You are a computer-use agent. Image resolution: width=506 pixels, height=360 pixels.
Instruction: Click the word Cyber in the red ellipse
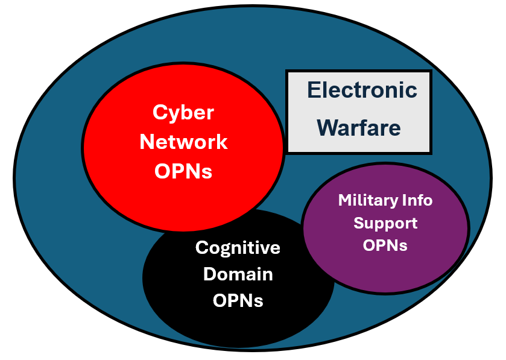(183, 112)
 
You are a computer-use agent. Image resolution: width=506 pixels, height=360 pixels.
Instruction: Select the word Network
(183, 142)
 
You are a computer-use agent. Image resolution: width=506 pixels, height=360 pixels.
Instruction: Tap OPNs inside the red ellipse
(183, 171)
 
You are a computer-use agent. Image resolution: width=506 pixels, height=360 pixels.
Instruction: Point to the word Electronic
(361, 90)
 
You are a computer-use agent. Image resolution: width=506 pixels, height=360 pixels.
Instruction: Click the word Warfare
(359, 127)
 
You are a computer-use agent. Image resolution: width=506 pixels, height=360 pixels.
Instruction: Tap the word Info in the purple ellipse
(417, 200)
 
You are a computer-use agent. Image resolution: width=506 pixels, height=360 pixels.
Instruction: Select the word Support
(385, 223)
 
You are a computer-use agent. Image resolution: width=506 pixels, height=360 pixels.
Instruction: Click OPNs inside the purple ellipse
(385, 245)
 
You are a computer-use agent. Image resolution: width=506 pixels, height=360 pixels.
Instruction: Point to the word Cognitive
(238, 248)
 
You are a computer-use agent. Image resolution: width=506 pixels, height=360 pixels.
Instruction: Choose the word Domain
(238, 274)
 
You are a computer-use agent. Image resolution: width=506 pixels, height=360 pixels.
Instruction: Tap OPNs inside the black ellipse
(238, 300)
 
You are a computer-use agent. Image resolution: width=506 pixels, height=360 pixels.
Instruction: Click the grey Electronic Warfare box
(359, 145)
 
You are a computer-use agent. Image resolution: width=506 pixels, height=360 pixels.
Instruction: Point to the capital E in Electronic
(313, 90)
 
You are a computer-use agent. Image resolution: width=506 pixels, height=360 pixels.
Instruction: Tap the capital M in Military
(344, 200)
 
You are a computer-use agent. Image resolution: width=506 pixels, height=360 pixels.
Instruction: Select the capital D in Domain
(209, 274)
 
